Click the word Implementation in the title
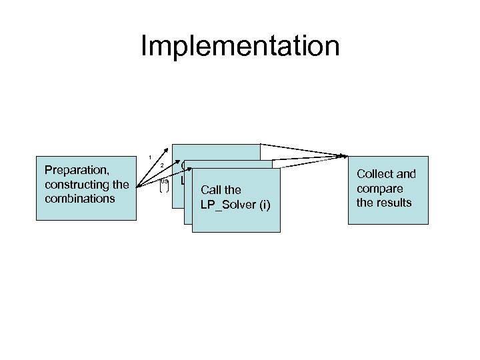click(x=240, y=47)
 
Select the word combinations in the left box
click(x=77, y=198)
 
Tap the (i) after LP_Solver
click(x=262, y=204)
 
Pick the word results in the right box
click(x=393, y=203)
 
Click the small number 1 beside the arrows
click(x=150, y=157)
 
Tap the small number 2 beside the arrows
click(x=161, y=165)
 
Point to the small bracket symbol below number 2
click(x=163, y=187)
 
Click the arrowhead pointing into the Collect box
click(x=345, y=157)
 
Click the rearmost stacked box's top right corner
click(x=260, y=145)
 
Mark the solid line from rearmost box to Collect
click(x=303, y=151)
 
